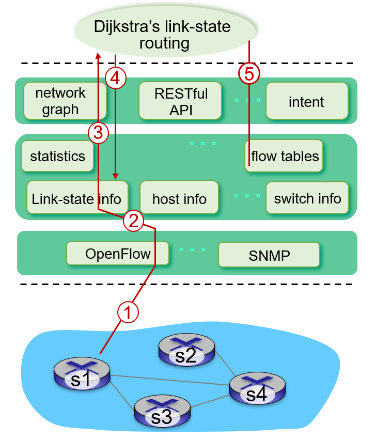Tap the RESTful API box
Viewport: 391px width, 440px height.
click(180, 101)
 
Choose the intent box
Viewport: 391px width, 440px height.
click(306, 101)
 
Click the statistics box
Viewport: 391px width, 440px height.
click(57, 156)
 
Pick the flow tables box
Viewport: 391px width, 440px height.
click(284, 155)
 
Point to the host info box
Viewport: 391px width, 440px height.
click(179, 198)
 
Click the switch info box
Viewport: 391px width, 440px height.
click(307, 198)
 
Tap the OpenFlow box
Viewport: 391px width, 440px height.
click(118, 254)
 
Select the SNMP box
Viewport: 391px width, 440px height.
click(269, 255)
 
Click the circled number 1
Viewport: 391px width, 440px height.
click(128, 311)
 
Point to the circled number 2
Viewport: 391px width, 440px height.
click(133, 221)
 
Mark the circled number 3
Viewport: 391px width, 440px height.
click(98, 133)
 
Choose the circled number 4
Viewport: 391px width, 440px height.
click(115, 78)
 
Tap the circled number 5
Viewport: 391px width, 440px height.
click(249, 74)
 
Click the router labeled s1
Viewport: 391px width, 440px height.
click(82, 375)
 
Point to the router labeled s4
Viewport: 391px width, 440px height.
click(257, 389)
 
